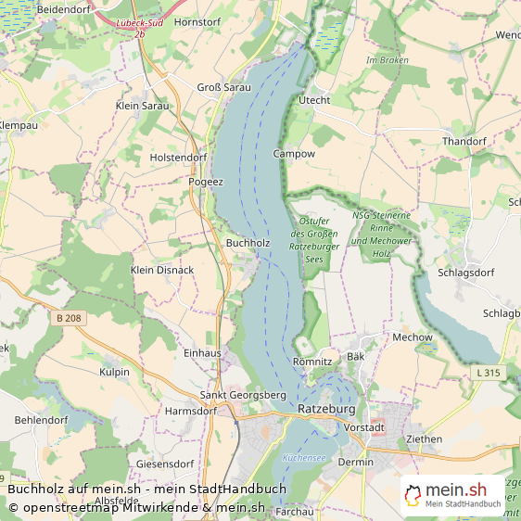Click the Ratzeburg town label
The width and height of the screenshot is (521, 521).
[326, 408]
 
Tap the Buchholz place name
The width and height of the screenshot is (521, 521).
[248, 243]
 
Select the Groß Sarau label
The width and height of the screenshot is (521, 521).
[223, 87]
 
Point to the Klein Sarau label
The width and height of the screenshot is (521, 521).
[143, 106]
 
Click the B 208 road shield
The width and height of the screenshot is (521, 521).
[70, 318]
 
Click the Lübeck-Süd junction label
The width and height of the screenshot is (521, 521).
[140, 22]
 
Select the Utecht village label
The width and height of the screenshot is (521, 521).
[314, 100]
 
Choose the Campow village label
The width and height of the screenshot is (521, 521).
[294, 153]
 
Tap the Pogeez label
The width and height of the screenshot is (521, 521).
[206, 182]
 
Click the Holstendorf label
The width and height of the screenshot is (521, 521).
[178, 158]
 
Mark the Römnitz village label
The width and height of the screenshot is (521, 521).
[311, 362]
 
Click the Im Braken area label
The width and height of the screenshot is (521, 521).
[388, 60]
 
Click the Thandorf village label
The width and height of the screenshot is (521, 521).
[464, 141]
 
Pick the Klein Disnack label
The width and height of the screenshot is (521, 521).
[162, 270]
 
